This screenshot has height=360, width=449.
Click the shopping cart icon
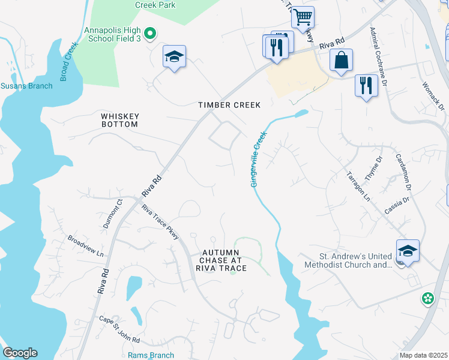(303, 17)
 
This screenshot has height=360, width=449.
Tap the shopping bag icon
(341, 61)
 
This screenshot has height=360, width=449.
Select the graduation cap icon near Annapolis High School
(174, 57)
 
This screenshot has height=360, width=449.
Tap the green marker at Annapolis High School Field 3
(151, 34)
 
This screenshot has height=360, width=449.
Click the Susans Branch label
(26, 86)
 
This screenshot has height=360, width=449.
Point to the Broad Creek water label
(70, 61)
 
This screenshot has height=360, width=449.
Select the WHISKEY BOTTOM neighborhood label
(120, 120)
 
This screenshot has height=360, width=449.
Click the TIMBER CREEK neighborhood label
(230, 105)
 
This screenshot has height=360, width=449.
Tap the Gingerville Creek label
(258, 160)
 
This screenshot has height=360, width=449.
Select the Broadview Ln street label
(85, 246)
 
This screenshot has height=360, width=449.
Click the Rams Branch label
(151, 355)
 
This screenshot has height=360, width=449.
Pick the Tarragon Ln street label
(358, 185)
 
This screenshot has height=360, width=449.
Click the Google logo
(20, 353)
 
